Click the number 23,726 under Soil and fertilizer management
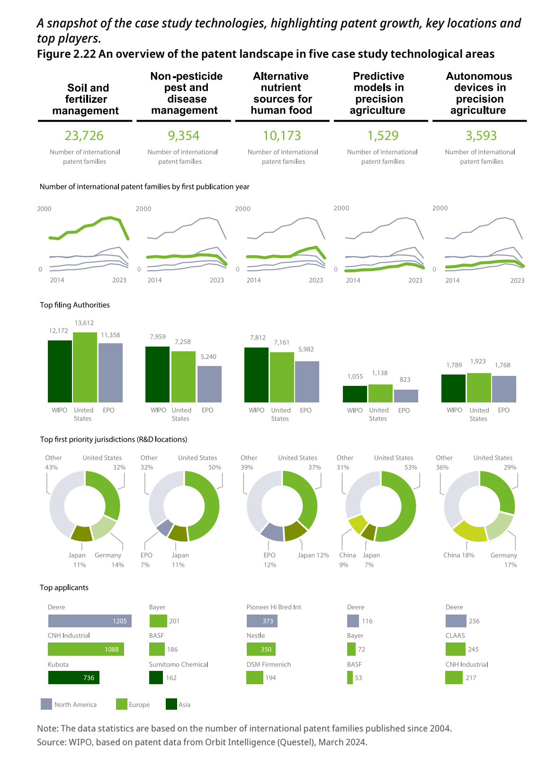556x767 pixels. pos(84,136)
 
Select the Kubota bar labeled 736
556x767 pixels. pos(73,678)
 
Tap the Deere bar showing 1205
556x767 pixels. pos(90,621)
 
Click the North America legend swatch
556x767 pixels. pos(46,704)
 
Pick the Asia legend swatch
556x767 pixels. pos(171,704)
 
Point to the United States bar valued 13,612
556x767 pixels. pos(85,367)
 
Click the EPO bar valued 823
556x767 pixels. pos(406,396)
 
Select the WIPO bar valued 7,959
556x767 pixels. pos(157,375)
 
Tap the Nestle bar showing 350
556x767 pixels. pos(261,649)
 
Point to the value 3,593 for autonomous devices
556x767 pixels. pos(481,136)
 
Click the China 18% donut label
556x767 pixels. pos(458,555)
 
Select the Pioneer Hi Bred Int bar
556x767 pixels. pos(262,621)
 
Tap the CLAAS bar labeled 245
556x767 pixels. pos(455,649)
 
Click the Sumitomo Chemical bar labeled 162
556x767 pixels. pos(156,678)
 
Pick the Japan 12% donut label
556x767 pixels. pos(313,555)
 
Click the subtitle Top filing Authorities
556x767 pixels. pos(75,305)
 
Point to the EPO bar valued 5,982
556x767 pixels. pos(307,382)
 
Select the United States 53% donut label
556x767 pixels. pos(395,463)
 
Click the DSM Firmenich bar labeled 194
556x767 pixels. pos(254,678)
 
